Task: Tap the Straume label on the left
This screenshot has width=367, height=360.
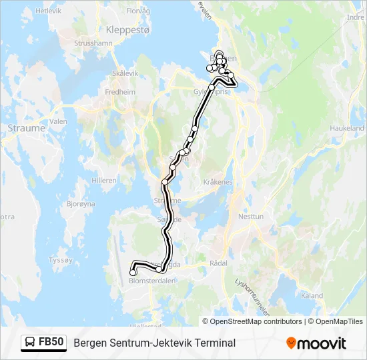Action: pos(27,127)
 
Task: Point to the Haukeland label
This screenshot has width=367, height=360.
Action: pos(347,128)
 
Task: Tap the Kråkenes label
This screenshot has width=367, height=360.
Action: pos(219,182)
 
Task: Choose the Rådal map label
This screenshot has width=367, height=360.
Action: pos(218,263)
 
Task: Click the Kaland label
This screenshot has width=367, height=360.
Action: pos(312,295)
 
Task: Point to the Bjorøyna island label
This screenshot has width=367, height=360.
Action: pos(81,204)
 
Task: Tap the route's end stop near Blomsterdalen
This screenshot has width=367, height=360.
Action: pos(133,272)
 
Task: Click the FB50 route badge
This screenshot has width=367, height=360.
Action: pos(43,343)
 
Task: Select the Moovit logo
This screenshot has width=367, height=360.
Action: pos(316,343)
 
